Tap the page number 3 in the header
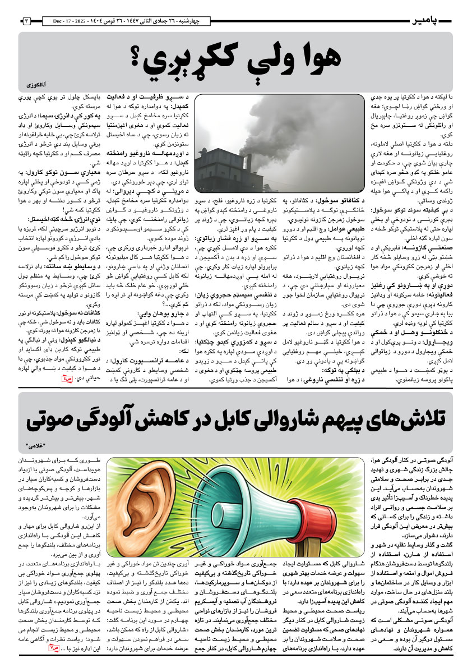pyautogui.click(x=27, y=21)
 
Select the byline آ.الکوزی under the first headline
pyautogui.click(x=38, y=86)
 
